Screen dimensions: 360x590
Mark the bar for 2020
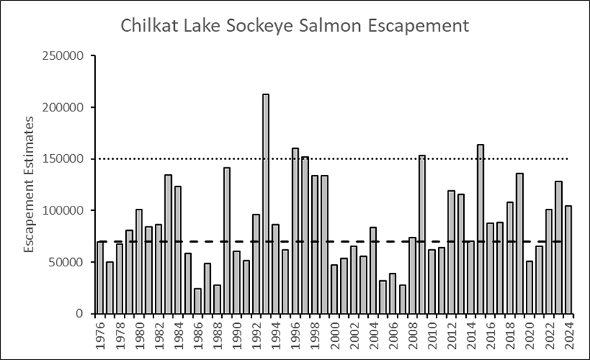529,287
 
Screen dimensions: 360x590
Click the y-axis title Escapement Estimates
29,184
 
